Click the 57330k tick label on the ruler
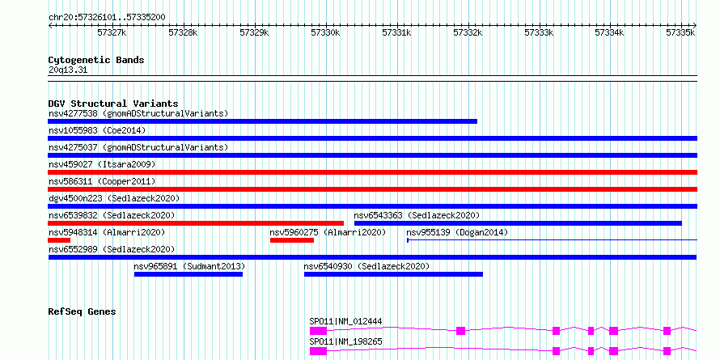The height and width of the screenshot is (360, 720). [x=325, y=32]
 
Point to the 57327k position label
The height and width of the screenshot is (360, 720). [x=112, y=32]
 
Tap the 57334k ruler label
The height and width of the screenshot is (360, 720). [x=609, y=32]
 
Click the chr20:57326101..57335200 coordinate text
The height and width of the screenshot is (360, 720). [x=107, y=18]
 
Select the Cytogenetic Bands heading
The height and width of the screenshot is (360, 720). [x=96, y=60]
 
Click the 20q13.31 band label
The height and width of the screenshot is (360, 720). [x=68, y=70]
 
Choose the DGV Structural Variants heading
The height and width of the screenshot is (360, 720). [x=113, y=104]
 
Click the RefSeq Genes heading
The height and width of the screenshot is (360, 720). [x=82, y=311]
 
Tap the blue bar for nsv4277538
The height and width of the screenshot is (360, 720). [x=262, y=121]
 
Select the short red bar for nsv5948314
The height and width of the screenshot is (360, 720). [x=59, y=240]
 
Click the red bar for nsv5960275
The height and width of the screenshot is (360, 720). [x=292, y=240]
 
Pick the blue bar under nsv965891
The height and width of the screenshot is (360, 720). [x=188, y=274]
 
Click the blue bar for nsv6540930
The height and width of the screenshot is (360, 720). [x=393, y=274]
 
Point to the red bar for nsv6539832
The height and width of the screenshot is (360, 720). [x=196, y=223]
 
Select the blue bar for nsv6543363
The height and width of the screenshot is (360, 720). [x=518, y=223]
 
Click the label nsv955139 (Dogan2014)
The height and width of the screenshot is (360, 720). [x=457, y=232]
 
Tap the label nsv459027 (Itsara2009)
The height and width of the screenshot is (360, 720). [x=102, y=164]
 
